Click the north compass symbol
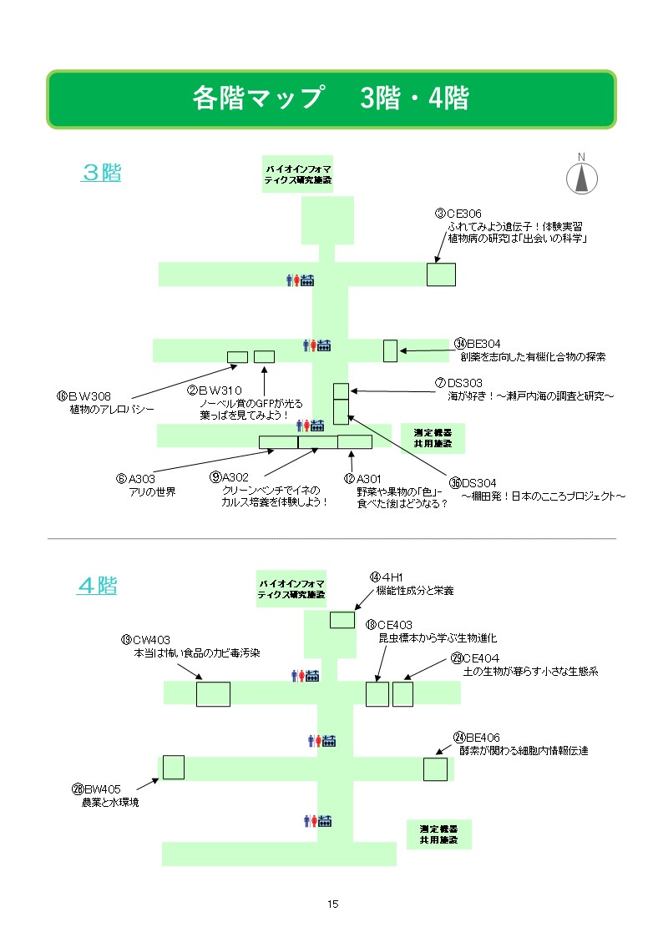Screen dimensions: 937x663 click(x=582, y=177)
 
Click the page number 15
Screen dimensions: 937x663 click(x=332, y=904)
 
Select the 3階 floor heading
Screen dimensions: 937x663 click(x=101, y=173)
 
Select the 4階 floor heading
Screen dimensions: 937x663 click(x=97, y=586)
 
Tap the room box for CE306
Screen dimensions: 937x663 click(x=441, y=275)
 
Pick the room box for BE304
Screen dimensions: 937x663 click(x=390, y=351)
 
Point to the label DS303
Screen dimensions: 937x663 click(x=472, y=382)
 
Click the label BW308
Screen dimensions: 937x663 click(x=89, y=396)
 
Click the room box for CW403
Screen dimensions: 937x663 click(x=213, y=694)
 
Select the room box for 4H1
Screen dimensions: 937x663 click(x=342, y=620)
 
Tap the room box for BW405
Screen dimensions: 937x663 click(x=174, y=767)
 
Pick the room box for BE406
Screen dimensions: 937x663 click(x=435, y=769)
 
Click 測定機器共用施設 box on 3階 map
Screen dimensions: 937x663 click(x=433, y=438)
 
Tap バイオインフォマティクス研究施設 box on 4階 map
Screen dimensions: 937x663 click(x=291, y=589)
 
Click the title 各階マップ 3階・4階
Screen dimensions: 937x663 click(x=331, y=99)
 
